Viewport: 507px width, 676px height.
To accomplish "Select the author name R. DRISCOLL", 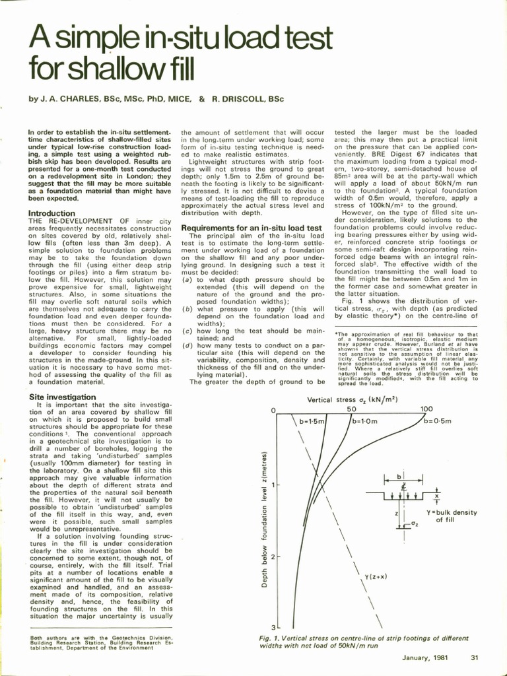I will pyautogui.click(x=245, y=99).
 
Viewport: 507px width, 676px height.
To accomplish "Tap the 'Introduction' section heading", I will pyautogui.click(x=51, y=213).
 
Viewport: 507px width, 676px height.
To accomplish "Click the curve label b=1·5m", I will pyautogui.click(x=312, y=421).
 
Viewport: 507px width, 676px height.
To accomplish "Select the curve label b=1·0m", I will pyautogui.click(x=364, y=421).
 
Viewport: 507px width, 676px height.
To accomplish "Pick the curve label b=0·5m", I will pyautogui.click(x=437, y=421).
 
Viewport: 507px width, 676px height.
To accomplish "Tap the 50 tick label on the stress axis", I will pyautogui.click(x=352, y=409).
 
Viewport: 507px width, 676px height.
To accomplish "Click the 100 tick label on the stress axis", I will pyautogui.click(x=426, y=409).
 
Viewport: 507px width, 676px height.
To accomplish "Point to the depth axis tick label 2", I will pyautogui.click(x=272, y=557).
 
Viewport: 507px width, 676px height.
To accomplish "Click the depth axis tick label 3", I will pyautogui.click(x=272, y=626).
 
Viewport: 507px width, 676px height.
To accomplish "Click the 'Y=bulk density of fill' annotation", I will pyautogui.click(x=452, y=516).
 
